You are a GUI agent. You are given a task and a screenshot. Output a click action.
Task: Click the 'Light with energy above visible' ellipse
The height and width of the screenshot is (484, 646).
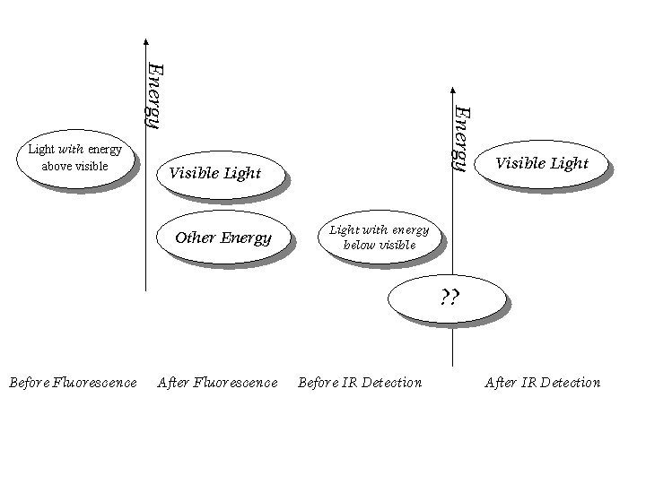[x=75, y=158]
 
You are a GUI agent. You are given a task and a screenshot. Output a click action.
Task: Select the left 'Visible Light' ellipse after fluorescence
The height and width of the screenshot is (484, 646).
[x=221, y=173]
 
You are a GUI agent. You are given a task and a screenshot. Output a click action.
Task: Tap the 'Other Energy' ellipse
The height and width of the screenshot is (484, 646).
[x=223, y=238]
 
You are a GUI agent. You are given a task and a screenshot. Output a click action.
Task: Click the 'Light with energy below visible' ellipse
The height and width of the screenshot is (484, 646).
[x=380, y=237]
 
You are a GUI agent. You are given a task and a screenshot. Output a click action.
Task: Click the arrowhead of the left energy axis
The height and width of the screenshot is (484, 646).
[x=145, y=42]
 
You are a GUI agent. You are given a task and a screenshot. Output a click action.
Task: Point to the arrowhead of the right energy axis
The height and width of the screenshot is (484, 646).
[x=453, y=91]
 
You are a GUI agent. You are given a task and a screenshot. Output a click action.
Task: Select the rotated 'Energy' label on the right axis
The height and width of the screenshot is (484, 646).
[x=461, y=138]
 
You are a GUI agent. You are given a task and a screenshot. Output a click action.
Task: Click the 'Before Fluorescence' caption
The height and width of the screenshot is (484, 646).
[x=73, y=383]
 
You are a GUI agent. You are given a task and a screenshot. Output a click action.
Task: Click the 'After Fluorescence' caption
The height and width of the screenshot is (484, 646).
[x=217, y=383]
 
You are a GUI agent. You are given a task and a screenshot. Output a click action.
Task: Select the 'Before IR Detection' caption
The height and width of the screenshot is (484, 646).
[x=360, y=383]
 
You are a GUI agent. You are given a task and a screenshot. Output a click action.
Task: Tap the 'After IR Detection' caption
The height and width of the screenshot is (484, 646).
[x=543, y=383]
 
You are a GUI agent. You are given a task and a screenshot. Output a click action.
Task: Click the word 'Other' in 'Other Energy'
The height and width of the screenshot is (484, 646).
[x=195, y=238]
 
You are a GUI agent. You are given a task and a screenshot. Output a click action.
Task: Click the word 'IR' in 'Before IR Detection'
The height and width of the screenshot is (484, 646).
[x=351, y=383]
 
